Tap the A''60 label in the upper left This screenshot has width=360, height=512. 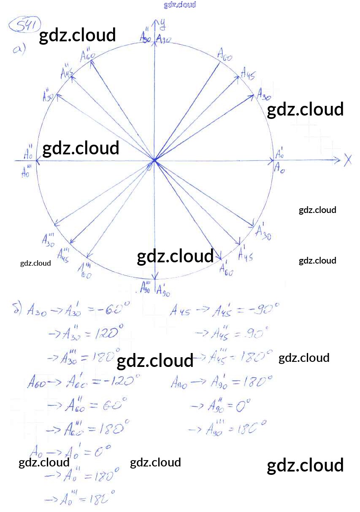tap(87, 55)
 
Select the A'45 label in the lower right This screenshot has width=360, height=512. tap(245, 253)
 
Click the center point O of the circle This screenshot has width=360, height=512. tap(154, 160)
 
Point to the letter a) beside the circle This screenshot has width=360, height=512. tap(19, 50)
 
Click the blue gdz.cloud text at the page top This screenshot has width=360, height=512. tap(180, 5)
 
